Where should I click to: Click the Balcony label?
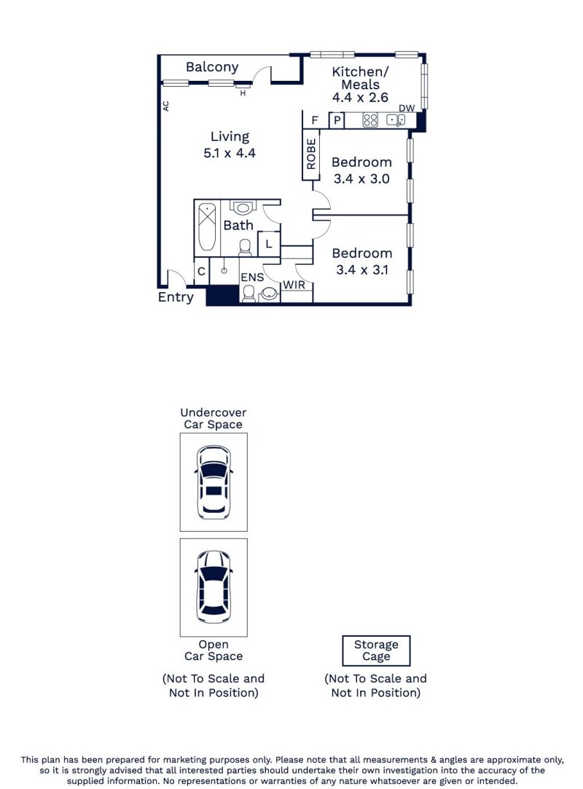click(212, 68)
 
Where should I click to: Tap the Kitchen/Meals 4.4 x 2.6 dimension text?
click(360, 98)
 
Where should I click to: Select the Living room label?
click(230, 137)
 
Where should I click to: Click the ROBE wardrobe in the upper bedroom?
click(311, 154)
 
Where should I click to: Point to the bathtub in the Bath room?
click(207, 227)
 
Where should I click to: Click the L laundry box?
click(269, 244)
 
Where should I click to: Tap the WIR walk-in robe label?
click(294, 285)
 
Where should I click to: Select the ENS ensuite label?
click(252, 278)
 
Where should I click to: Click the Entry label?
click(176, 297)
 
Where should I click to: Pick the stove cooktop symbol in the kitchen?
click(370, 119)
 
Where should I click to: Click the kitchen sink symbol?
click(396, 119)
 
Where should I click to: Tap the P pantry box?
click(337, 120)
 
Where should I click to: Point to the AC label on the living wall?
click(165, 106)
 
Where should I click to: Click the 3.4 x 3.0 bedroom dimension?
click(361, 178)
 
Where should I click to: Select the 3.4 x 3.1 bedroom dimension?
click(362, 270)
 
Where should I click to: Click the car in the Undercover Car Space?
click(214, 482)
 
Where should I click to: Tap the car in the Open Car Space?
click(214, 587)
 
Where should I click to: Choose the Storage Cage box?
click(376, 651)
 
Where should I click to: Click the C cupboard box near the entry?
click(201, 272)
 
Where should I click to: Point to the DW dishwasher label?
click(407, 108)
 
